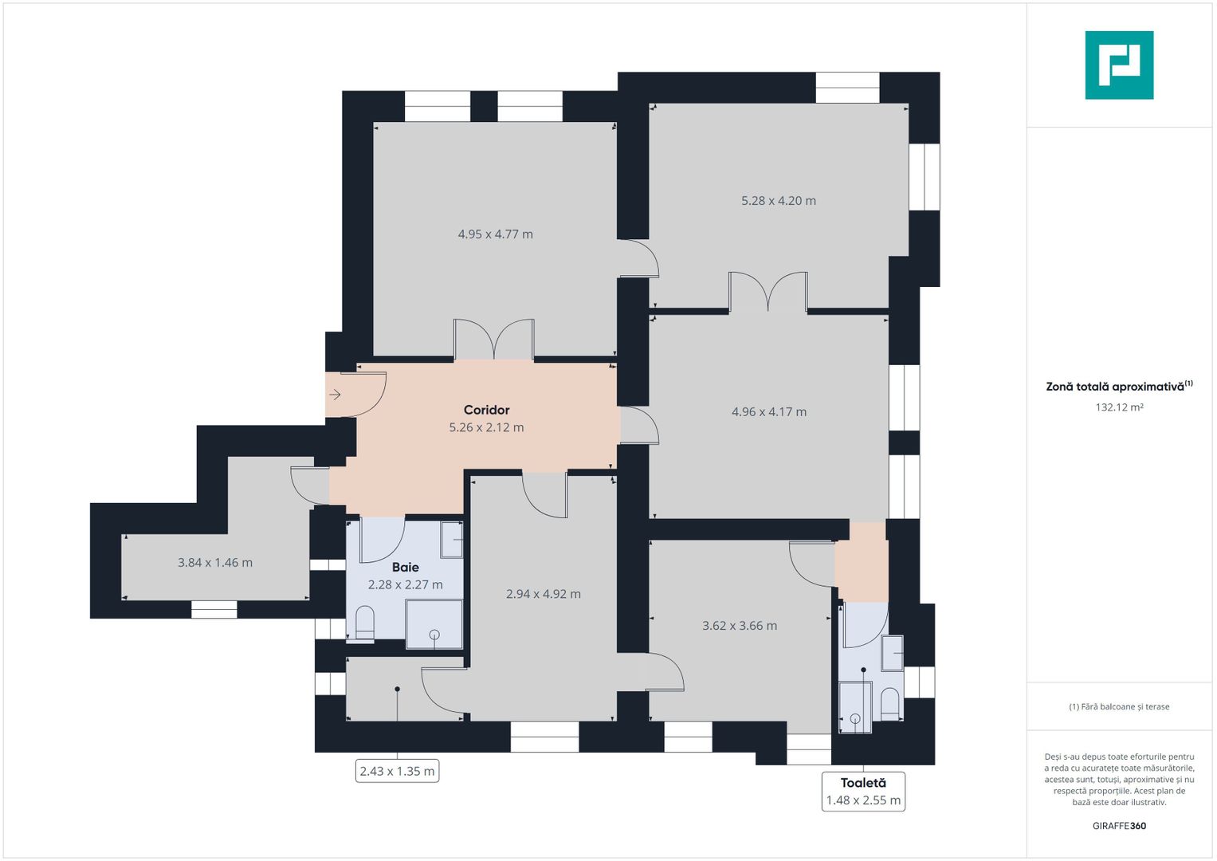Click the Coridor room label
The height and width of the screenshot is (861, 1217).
pos(486,410)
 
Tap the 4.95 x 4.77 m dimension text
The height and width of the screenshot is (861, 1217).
pos(495,234)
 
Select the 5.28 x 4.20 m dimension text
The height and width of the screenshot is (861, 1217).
pos(778,201)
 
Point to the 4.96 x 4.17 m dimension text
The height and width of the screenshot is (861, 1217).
pos(768,412)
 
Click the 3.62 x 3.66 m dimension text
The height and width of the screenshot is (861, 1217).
pos(739,626)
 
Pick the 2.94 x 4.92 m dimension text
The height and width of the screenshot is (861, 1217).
pos(543,594)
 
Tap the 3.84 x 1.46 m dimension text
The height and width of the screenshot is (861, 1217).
pos(214,563)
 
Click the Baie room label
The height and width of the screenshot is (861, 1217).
pos(405,568)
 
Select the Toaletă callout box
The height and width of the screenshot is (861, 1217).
pos(863,792)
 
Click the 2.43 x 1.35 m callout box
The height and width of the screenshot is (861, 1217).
pos(397,771)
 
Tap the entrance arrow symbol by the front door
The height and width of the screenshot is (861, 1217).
pos(335,395)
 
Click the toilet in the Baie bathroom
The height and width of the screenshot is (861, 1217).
pos(364,623)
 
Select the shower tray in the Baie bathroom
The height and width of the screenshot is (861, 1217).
pos(434,623)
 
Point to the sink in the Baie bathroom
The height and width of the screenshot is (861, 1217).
pos(452,539)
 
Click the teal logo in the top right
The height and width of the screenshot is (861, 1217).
pos(1119,65)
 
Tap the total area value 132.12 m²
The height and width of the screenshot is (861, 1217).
pos(1119,407)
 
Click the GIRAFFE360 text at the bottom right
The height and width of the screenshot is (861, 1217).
pos(1119,826)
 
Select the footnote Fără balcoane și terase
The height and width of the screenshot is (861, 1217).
pos(1119,706)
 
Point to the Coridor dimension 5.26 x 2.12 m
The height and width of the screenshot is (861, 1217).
pos(486,427)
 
